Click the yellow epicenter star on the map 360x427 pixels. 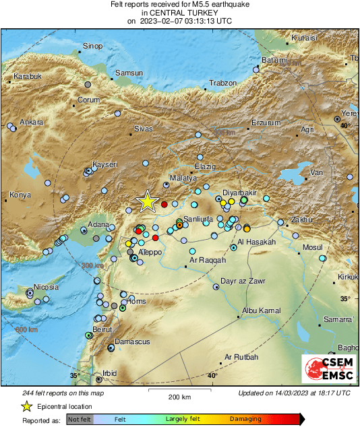[x=146, y=201]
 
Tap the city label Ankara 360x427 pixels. [x=31, y=122]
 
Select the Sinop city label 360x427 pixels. [x=92, y=46]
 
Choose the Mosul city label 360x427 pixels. [x=313, y=248]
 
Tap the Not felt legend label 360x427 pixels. [x=80, y=419]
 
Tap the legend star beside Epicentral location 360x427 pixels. [x=26, y=406]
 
